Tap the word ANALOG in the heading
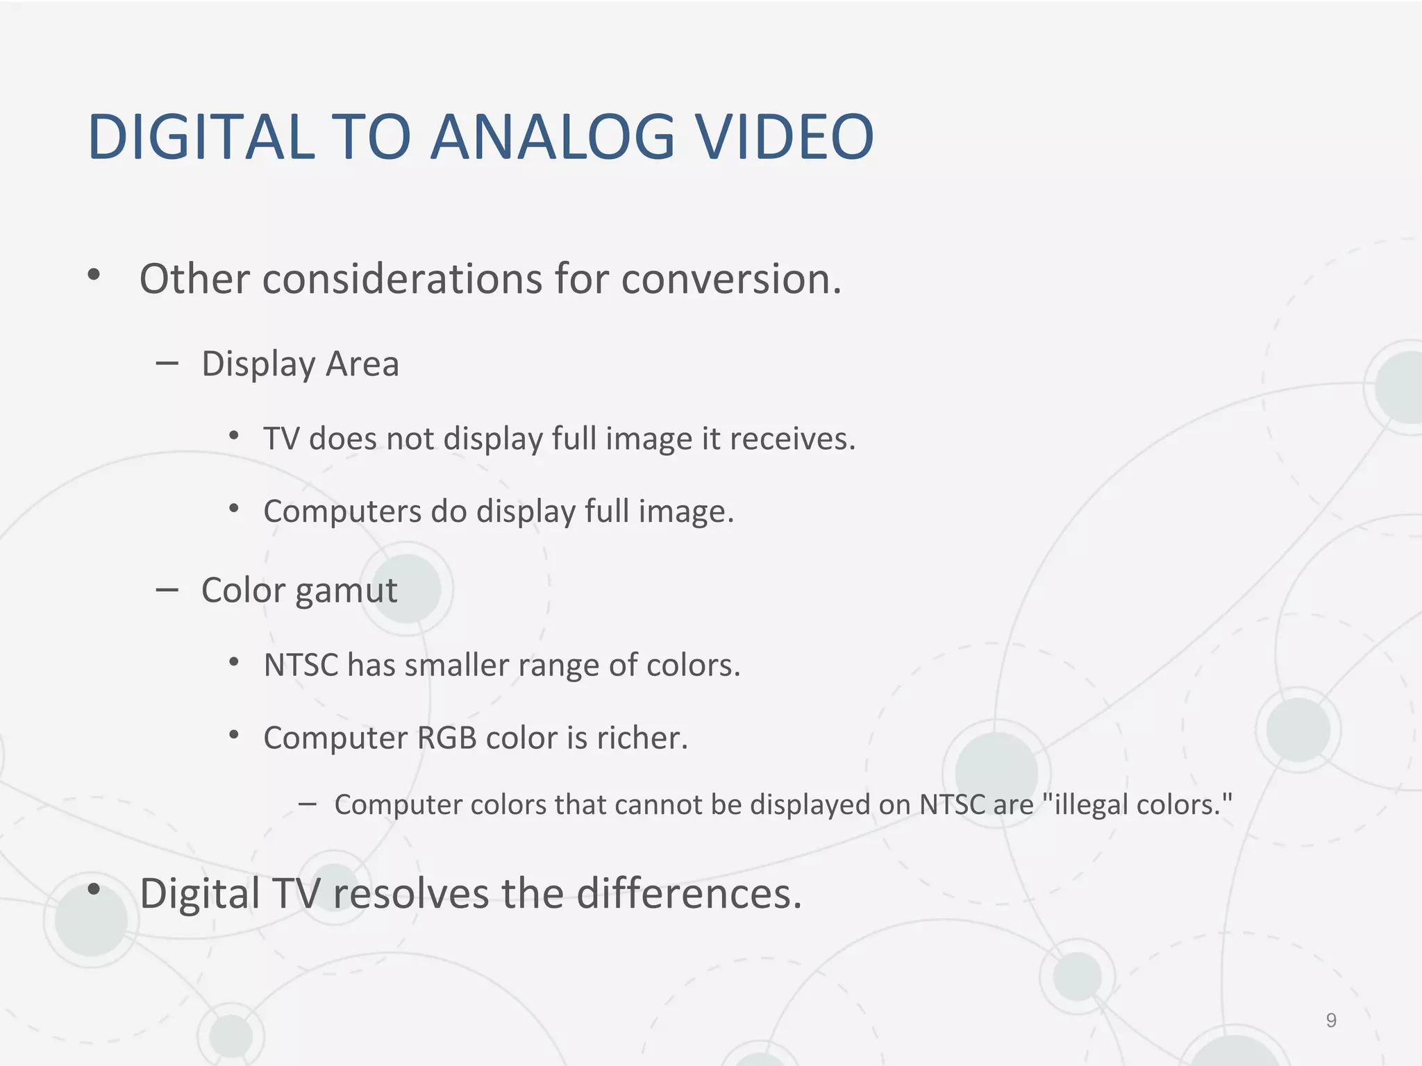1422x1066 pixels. point(552,137)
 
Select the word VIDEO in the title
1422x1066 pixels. point(785,137)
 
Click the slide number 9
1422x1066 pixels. point(1331,1020)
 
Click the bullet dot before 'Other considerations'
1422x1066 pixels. point(94,276)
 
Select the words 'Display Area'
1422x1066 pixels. point(300,364)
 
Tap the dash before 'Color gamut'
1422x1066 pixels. point(167,590)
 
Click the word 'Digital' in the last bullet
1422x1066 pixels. point(199,893)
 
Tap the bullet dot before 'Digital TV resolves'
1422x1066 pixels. point(94,889)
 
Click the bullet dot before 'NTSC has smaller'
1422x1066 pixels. point(234,662)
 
